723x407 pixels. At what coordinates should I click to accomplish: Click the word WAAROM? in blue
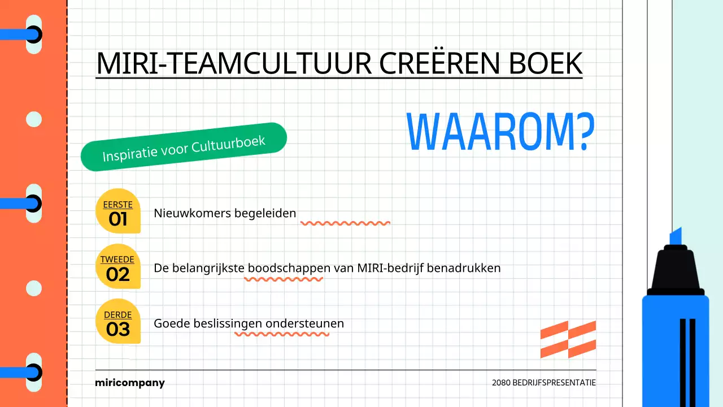click(500, 132)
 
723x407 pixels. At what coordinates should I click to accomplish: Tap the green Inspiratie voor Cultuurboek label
click(184, 147)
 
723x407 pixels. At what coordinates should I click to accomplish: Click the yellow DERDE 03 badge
click(117, 322)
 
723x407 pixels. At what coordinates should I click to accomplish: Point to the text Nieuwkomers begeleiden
click(225, 213)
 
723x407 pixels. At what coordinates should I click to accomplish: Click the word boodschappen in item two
click(289, 268)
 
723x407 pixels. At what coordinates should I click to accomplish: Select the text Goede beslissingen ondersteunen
click(249, 323)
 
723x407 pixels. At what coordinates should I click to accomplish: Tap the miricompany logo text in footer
click(130, 383)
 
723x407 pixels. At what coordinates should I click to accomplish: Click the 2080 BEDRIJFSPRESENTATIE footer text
click(543, 383)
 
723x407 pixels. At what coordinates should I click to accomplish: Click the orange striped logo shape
click(568, 339)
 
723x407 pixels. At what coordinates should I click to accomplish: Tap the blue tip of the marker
click(676, 236)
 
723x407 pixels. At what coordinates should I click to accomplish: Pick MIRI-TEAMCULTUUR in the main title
click(233, 63)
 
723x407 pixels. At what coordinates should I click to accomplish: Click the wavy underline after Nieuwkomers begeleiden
click(345, 223)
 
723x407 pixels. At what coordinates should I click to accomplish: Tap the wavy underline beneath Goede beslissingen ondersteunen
click(282, 334)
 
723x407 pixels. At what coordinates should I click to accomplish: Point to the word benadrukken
click(464, 268)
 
